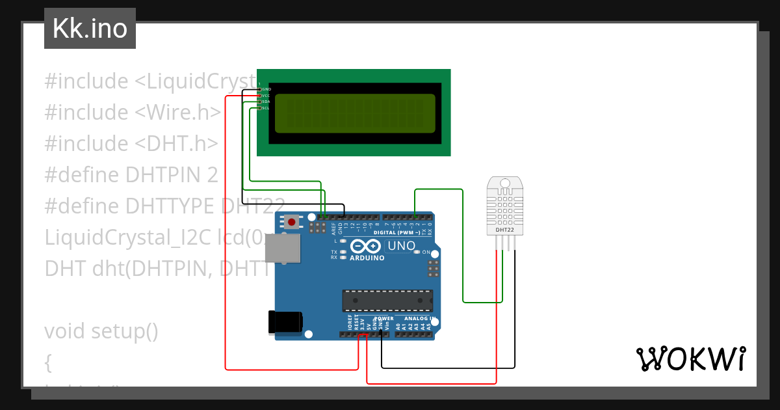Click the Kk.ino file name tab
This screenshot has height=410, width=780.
tap(90, 29)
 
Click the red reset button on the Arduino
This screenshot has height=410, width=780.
tap(292, 222)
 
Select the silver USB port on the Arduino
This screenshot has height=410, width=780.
tap(284, 248)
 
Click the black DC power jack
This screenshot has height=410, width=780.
tap(285, 322)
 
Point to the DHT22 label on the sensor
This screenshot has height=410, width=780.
tap(505, 230)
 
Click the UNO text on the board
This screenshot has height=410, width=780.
tap(401, 246)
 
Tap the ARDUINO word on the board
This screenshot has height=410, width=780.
tap(367, 258)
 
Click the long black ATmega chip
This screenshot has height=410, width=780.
tap(387, 300)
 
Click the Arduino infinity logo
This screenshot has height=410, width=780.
tap(366, 246)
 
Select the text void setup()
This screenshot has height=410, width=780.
tap(101, 331)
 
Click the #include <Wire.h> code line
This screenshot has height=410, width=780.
tap(133, 113)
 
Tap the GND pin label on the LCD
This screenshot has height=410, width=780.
tap(266, 89)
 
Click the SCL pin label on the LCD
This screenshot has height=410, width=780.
tap(266, 108)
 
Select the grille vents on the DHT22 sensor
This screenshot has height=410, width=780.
tap(505, 205)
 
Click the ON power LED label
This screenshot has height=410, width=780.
tap(426, 252)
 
